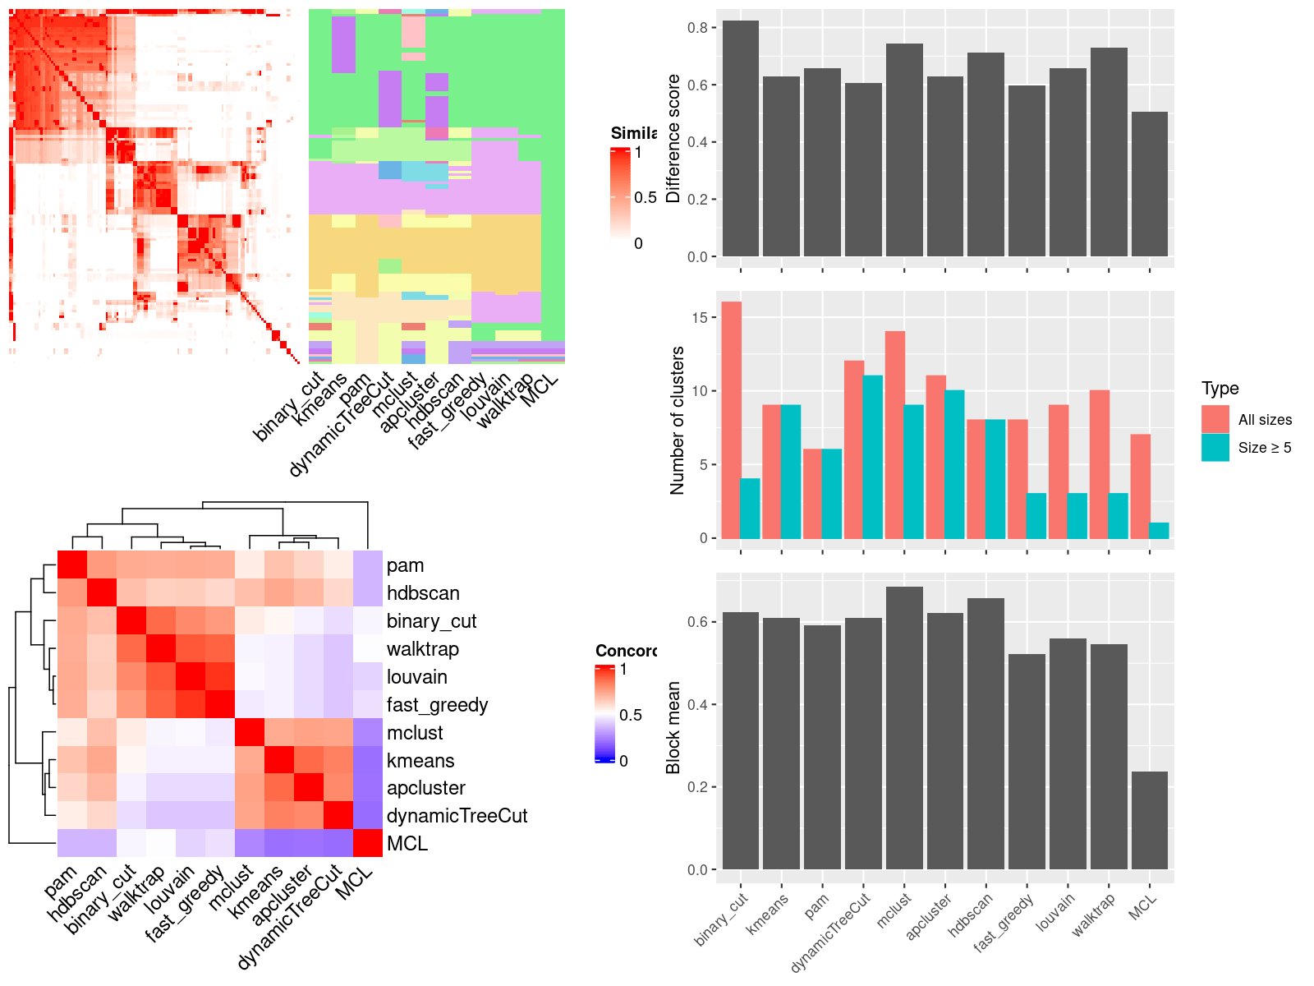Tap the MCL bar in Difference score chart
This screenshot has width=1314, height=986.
point(1149,184)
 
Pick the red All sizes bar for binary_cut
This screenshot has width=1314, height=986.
point(731,420)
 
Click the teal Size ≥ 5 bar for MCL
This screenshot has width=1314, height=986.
point(1159,531)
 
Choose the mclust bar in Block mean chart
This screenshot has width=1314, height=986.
point(904,728)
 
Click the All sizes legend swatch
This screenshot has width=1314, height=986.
point(1215,419)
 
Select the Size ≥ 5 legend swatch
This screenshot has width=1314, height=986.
point(1215,447)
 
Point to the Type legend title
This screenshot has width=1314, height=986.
point(1220,389)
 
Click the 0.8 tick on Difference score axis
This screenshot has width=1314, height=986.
point(697,28)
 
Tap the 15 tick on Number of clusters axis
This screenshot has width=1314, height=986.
point(699,318)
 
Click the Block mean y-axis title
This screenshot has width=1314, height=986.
point(673,728)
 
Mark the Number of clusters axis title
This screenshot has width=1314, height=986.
point(678,420)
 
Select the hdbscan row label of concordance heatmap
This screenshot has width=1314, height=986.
point(423,593)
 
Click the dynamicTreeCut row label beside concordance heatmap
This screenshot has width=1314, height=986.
point(457,816)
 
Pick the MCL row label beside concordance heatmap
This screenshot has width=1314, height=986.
point(407,844)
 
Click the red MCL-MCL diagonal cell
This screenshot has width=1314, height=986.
point(368,844)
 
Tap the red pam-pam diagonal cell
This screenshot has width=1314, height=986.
point(71,564)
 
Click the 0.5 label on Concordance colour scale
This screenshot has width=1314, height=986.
point(631,715)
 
